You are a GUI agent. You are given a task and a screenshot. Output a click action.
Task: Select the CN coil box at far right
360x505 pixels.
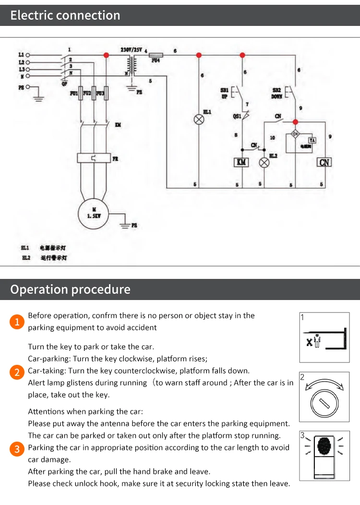(x=325, y=162)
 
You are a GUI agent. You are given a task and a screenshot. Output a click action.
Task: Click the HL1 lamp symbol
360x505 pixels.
(x=199, y=119)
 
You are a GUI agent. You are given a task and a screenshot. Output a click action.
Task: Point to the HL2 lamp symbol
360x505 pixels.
(x=264, y=162)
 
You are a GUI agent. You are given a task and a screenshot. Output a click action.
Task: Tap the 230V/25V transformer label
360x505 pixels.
(x=131, y=49)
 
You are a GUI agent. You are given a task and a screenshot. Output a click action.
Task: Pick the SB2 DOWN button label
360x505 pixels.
(x=277, y=93)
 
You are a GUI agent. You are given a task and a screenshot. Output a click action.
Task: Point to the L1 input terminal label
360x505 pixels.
(x=21, y=55)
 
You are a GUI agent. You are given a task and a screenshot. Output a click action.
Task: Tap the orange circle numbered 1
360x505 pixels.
(x=17, y=322)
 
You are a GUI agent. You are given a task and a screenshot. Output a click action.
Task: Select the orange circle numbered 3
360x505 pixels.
(x=17, y=449)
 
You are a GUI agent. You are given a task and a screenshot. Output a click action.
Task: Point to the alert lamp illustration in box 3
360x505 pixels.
(x=324, y=446)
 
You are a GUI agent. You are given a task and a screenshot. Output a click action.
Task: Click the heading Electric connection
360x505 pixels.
(x=65, y=15)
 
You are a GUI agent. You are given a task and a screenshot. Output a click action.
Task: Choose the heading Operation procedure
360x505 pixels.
(x=70, y=289)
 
